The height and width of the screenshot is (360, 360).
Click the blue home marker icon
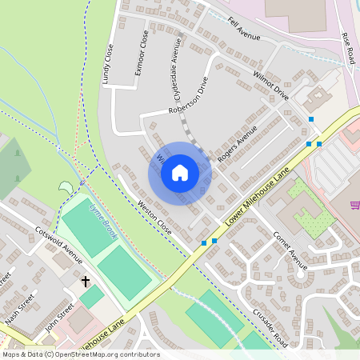pos(180,172)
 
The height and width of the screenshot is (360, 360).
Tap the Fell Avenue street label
pos(244,30)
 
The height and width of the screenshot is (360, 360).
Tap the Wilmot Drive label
pos(270,86)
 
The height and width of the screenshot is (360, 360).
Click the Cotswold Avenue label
pos(58,245)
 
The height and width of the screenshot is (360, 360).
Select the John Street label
pos(60,315)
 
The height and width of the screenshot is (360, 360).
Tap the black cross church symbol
pos(86,282)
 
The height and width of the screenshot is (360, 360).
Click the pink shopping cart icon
pos(354,206)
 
